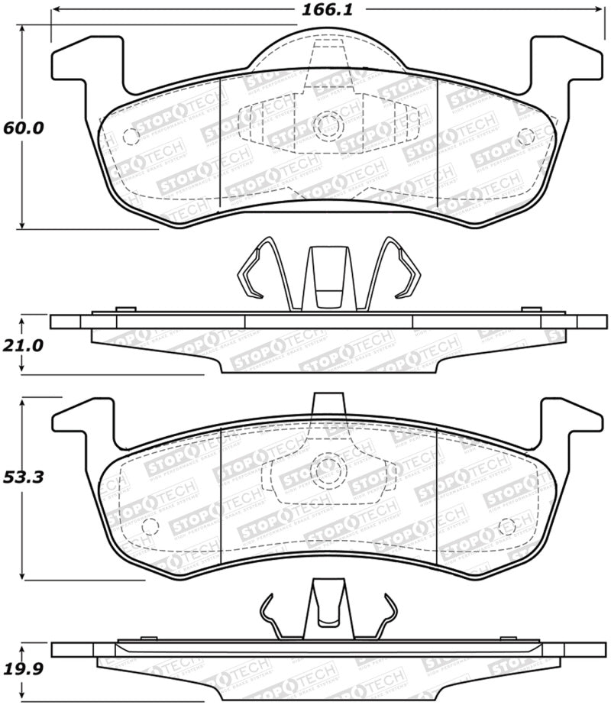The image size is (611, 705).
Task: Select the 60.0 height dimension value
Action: pos(23,128)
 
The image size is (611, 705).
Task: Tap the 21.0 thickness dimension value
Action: pos(23,344)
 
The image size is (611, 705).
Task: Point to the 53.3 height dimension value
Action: pos(23,478)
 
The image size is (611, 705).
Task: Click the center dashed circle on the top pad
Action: pos(327,122)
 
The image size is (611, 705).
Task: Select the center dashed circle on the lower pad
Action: pos(327,467)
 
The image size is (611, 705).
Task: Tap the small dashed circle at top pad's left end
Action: pos(130,137)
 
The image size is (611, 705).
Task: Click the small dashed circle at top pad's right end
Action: pos(525,137)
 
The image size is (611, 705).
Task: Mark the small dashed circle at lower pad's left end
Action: pos(150,527)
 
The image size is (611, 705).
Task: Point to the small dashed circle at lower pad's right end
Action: pos(506,527)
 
